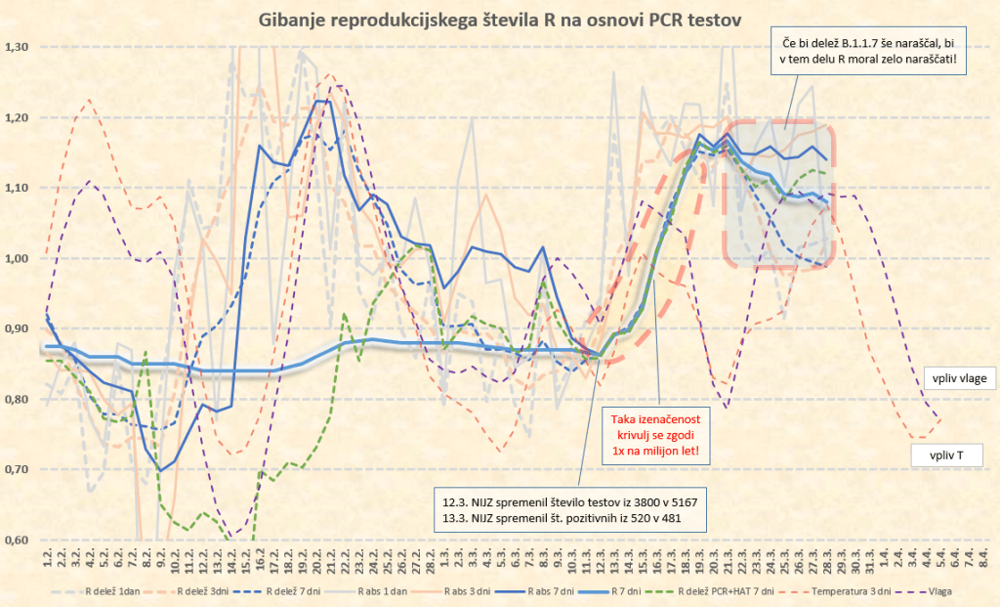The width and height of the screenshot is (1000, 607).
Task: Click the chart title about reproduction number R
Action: [499, 19]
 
